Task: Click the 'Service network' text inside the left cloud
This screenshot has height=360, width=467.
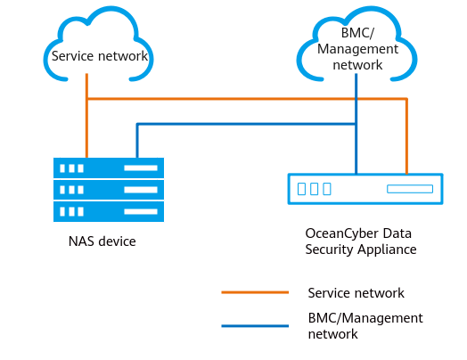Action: [x=100, y=56]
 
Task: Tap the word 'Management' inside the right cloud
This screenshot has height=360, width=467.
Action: [x=357, y=49]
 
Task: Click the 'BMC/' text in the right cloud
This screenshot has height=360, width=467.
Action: [x=357, y=33]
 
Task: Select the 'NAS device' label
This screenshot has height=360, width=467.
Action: [x=102, y=241]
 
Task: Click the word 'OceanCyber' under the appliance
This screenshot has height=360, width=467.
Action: [x=342, y=233]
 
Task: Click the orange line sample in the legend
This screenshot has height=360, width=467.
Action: [x=255, y=292]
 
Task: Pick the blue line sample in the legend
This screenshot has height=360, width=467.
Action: [x=255, y=326]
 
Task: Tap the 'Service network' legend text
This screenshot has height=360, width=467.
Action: [x=356, y=293]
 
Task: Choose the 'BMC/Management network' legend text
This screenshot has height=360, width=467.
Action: [x=365, y=326]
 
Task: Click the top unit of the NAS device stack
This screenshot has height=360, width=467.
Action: [x=109, y=168]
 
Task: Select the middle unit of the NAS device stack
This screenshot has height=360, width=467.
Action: [x=109, y=190]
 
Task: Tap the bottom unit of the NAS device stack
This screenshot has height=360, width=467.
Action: [x=109, y=211]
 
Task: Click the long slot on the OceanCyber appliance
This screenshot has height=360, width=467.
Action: [x=410, y=189]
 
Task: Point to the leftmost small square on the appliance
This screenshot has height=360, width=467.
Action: [x=301, y=189]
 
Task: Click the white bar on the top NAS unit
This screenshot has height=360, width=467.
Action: [x=141, y=168]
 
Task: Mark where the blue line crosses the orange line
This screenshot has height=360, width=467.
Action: [x=356, y=98]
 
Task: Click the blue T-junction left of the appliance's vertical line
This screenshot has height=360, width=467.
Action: [x=356, y=124]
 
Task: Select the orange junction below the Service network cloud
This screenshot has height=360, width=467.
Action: [x=86, y=98]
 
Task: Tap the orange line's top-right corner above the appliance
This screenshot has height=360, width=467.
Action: [x=406, y=98]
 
